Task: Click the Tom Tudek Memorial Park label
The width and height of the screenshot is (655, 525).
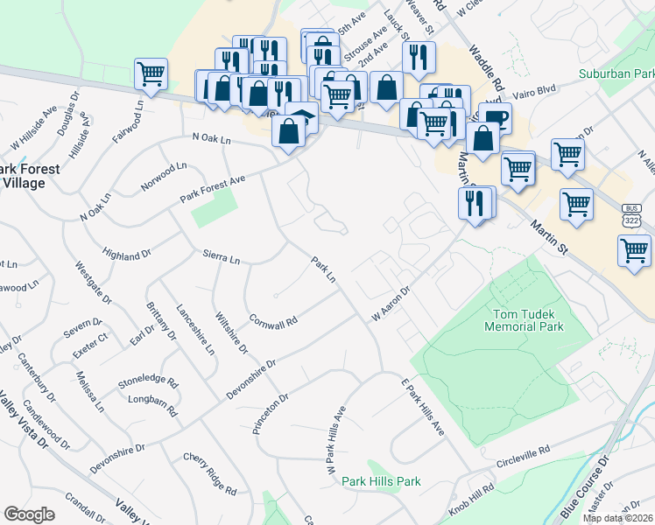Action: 525,319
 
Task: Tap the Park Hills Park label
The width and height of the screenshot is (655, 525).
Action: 381,481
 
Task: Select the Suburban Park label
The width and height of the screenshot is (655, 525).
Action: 616,74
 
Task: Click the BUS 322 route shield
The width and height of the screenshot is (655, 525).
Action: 631,216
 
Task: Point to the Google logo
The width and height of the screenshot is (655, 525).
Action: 29,514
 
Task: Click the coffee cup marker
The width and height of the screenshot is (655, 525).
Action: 495,117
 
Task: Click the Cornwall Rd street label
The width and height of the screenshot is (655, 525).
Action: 273,320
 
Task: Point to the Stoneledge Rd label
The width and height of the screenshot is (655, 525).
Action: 148,383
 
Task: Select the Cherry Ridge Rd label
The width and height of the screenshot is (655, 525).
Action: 210,473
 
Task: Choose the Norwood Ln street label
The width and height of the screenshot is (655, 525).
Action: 164,176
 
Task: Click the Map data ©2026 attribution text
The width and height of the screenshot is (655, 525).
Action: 618,518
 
